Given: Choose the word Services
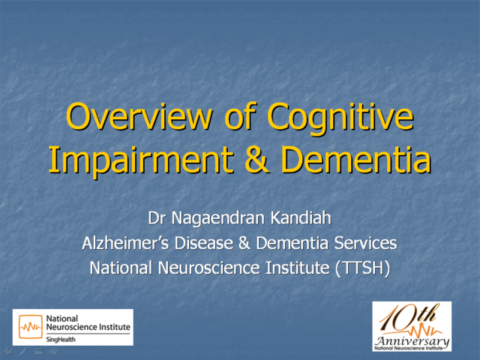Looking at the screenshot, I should [x=365, y=244].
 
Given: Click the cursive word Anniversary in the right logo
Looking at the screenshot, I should [x=413, y=340].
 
